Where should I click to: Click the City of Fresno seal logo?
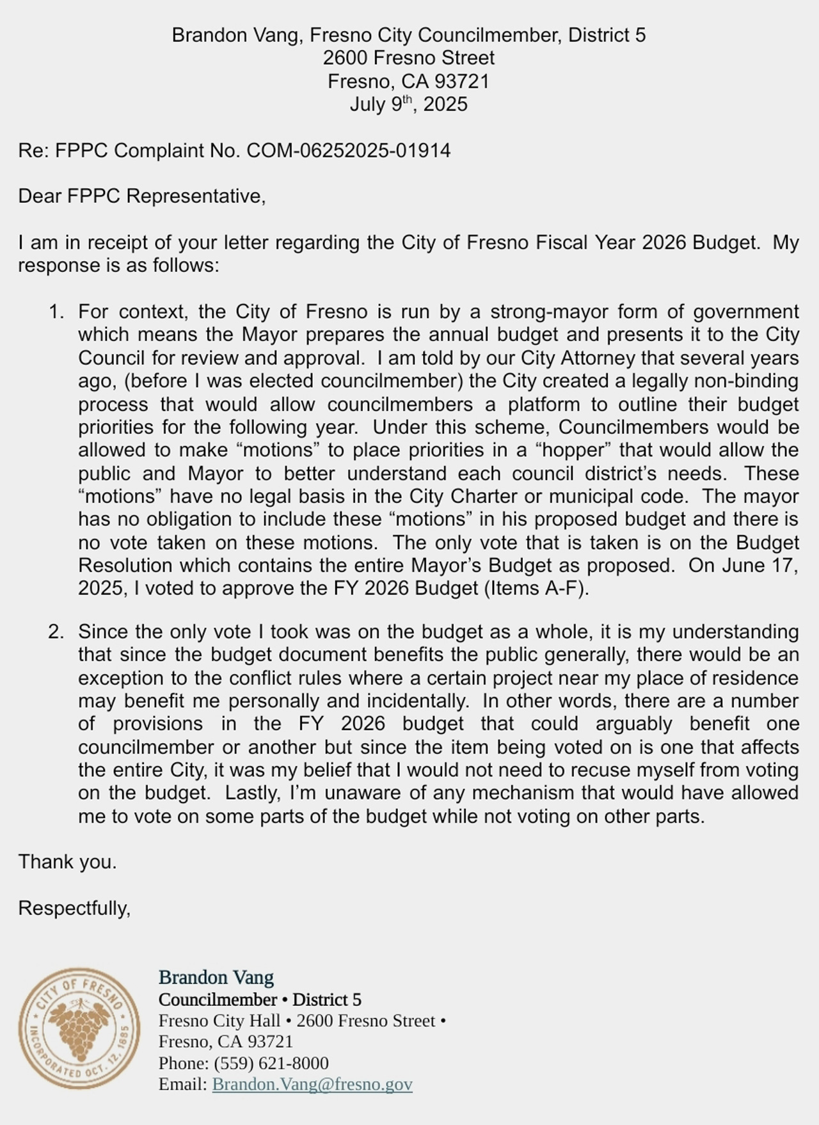[79, 1028]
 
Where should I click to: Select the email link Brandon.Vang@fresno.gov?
[312, 1084]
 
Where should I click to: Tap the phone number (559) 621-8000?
[271, 1063]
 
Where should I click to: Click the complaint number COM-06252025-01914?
[349, 151]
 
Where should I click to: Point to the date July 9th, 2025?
[408, 104]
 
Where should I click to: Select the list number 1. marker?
[56, 312]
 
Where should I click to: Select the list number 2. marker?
[56, 632]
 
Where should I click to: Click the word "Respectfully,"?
[74, 908]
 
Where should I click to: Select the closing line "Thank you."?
[67, 862]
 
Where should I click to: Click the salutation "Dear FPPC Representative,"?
[141, 196]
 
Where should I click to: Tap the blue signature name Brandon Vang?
[216, 977]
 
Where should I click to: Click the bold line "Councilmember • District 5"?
[260, 1000]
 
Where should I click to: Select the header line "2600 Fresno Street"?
[408, 58]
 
